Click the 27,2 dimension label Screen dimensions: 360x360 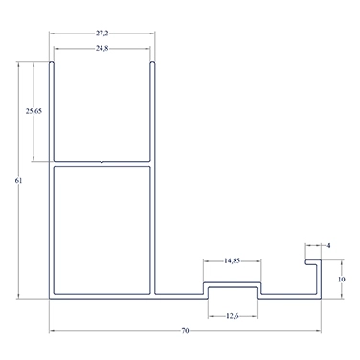pyautogui.click(x=101, y=34)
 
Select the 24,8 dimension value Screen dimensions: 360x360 pyautogui.click(x=101, y=49)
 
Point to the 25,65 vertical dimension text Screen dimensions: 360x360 pyautogui.click(x=34, y=111)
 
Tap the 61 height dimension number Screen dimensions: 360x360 pyautogui.click(x=18, y=180)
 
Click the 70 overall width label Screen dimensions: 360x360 pyautogui.click(x=185, y=331)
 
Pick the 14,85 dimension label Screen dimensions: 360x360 pyautogui.click(x=232, y=260)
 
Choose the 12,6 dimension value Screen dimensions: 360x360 pyautogui.click(x=232, y=316)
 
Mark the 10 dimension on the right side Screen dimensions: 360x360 pyautogui.click(x=341, y=280)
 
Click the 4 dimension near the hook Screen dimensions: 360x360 pyautogui.click(x=329, y=245)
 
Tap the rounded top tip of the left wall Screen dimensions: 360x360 pyautogui.click(x=51, y=63)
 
